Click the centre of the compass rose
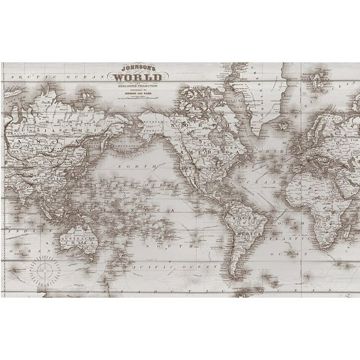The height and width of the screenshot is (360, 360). click(45, 253)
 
